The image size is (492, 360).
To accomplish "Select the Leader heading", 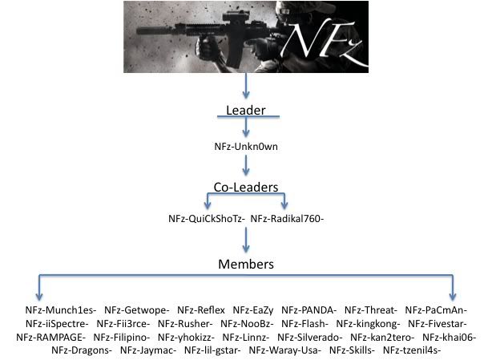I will click(245, 109).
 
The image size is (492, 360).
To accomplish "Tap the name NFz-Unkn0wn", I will click(246, 147).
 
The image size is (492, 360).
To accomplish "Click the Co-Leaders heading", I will click(245, 187).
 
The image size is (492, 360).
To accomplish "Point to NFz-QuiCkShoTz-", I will click(205, 218).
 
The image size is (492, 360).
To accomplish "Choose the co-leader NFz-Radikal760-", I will click(287, 218).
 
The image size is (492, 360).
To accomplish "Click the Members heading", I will click(245, 264).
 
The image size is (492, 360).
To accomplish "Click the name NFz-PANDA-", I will click(309, 309).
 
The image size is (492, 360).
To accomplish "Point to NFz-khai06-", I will click(449, 337).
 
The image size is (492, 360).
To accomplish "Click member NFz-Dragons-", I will click(81, 350).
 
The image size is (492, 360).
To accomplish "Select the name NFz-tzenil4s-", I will click(412, 350).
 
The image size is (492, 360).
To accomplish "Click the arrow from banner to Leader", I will click(246, 86).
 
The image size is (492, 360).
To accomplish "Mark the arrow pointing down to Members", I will click(246, 240).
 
